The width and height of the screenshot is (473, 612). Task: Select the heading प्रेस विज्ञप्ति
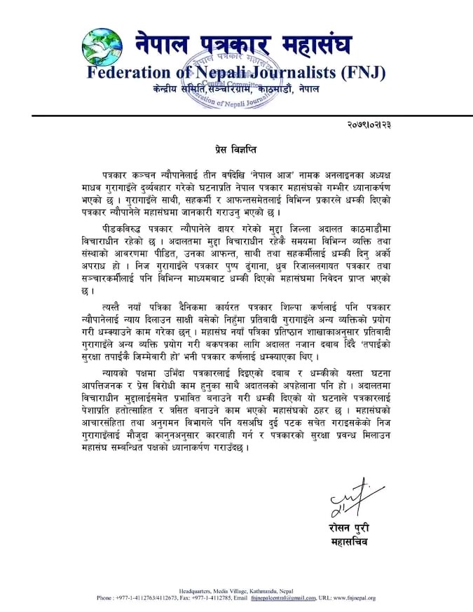point(238,150)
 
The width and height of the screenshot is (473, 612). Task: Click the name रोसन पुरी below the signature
point(348,527)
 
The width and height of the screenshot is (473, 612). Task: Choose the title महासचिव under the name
point(348,541)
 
